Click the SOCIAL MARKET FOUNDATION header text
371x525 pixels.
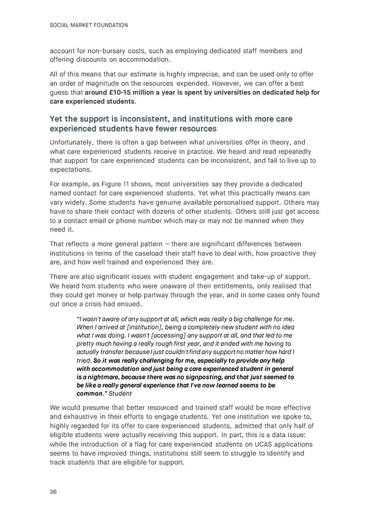click(88, 25)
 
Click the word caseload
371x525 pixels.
click(167, 254)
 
